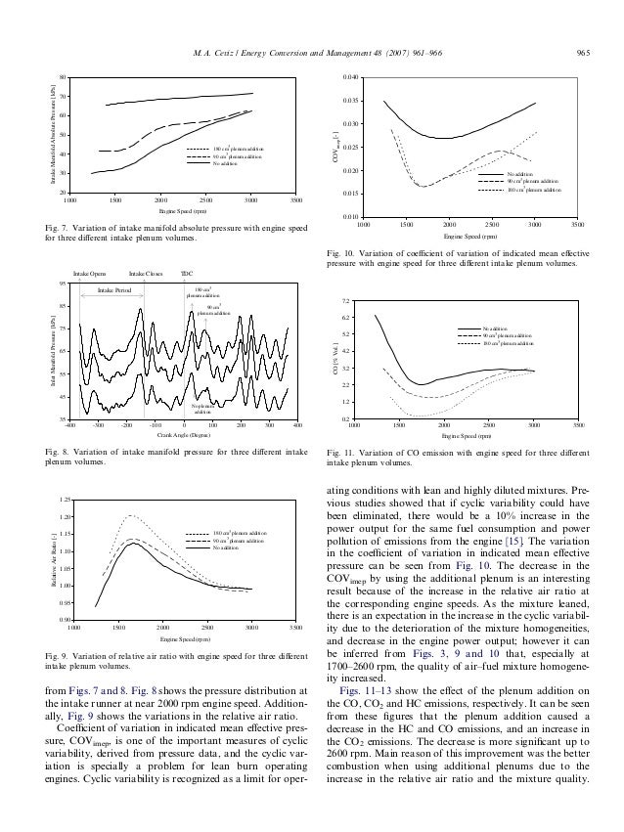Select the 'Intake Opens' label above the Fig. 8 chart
coord(90,275)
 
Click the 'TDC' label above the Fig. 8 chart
coord(188,275)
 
